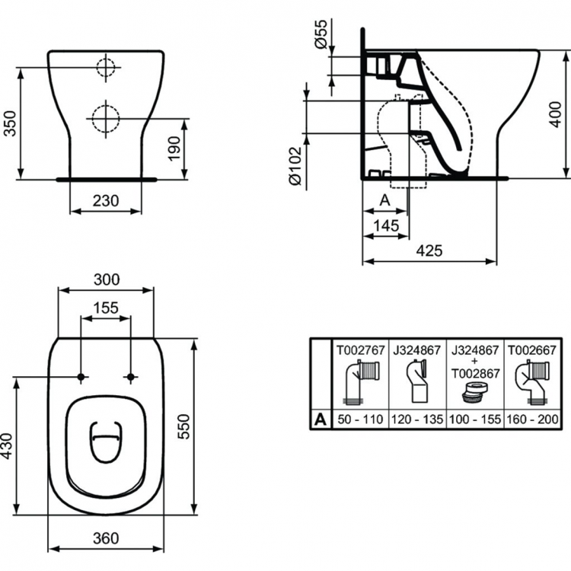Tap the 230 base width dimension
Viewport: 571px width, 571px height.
point(106,200)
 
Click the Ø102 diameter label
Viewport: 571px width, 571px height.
point(296,166)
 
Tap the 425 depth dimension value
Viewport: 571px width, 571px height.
point(429,250)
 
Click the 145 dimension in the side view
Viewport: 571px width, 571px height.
point(387,225)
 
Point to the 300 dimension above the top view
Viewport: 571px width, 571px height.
point(106,279)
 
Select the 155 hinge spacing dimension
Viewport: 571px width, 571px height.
point(106,308)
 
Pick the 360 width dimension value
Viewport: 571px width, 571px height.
point(106,538)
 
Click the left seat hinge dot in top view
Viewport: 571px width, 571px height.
point(81,377)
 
